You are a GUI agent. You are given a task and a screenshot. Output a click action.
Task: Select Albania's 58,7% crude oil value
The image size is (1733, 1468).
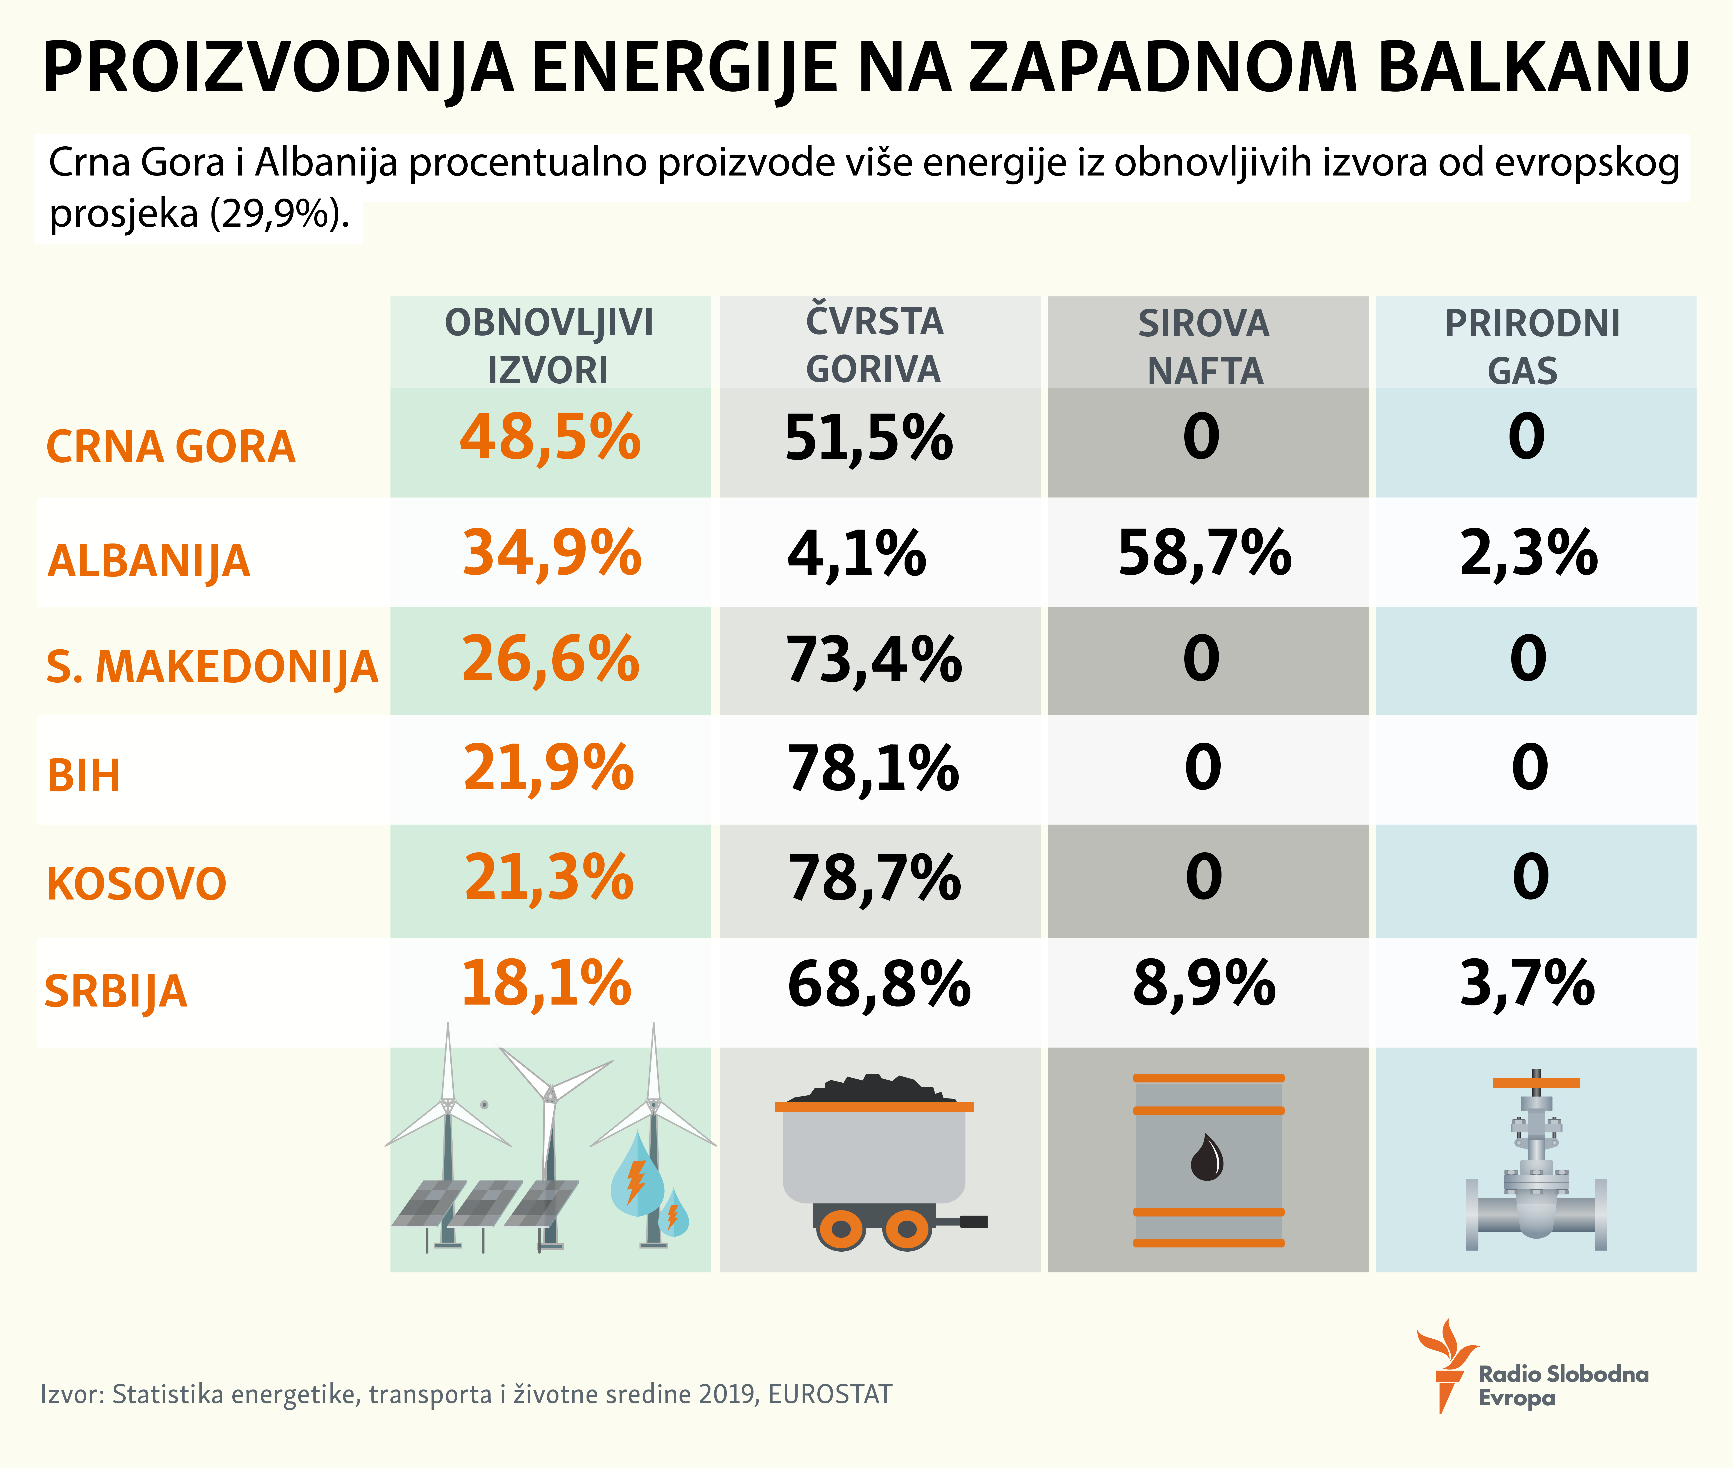[x=1204, y=553]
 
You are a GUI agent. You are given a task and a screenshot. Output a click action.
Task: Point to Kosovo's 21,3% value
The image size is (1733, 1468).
[x=549, y=878]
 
